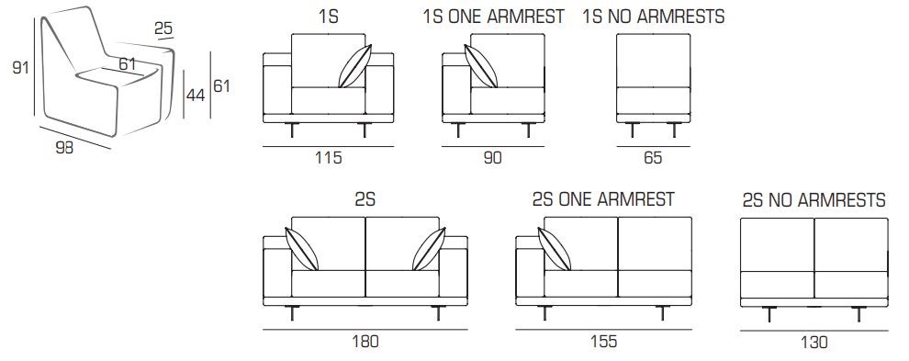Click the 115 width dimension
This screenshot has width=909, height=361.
point(328,157)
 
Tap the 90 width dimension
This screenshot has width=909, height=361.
point(492,157)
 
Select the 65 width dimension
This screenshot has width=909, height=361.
point(653,157)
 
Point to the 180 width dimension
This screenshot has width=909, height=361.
point(365,341)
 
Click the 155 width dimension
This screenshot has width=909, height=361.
point(603,341)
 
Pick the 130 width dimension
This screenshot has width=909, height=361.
point(814,343)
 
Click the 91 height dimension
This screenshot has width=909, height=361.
point(21,68)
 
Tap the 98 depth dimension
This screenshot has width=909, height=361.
point(64,147)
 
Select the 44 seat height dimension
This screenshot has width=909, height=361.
point(196,96)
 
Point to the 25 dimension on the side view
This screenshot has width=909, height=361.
point(163,28)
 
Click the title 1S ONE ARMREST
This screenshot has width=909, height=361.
point(494,17)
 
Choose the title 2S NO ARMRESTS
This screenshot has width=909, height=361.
point(814,200)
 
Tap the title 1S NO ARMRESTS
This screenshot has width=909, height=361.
point(654,17)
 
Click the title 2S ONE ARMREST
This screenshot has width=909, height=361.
point(603,199)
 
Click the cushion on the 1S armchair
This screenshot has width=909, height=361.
point(354,66)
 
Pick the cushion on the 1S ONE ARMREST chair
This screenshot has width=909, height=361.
point(481,66)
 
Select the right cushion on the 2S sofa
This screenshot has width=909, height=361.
point(429,249)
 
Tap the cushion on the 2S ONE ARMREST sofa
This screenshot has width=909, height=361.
point(555,249)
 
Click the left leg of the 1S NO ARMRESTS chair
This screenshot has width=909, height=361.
point(632,130)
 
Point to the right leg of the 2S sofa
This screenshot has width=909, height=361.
point(438,313)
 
